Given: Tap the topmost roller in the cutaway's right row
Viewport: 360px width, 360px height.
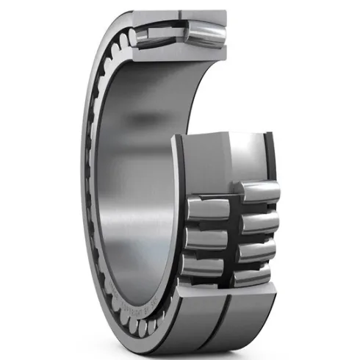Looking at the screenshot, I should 259,192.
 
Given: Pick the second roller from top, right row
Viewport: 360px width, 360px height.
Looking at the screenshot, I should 257,221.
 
